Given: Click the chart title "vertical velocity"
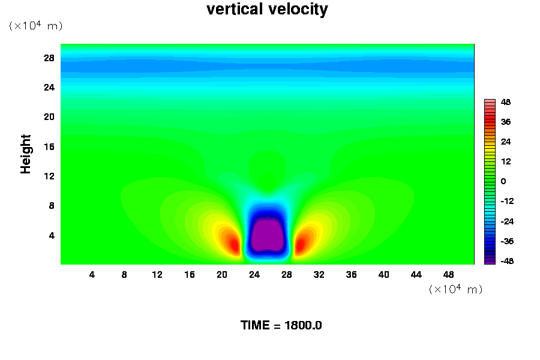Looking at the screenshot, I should click(x=267, y=10).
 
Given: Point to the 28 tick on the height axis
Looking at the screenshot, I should click(x=49, y=58).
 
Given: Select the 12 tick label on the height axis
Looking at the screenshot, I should click(x=49, y=176).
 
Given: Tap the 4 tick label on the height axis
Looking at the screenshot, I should click(x=51, y=235).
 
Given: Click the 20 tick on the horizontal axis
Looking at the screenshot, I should click(x=222, y=275).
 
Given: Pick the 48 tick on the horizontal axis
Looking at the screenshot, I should click(x=449, y=275).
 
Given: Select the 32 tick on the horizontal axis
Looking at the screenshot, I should click(x=319, y=275).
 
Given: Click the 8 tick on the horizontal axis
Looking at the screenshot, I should click(x=124, y=275).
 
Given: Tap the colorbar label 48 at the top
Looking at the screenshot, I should click(x=505, y=103).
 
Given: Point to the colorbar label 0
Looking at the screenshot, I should click(x=503, y=181).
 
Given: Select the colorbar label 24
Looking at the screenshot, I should click(x=505, y=142).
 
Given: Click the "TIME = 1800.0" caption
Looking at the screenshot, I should click(x=281, y=326).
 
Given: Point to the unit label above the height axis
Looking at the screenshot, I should click(x=35, y=26).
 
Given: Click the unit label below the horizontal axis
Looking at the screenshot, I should click(x=455, y=289).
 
